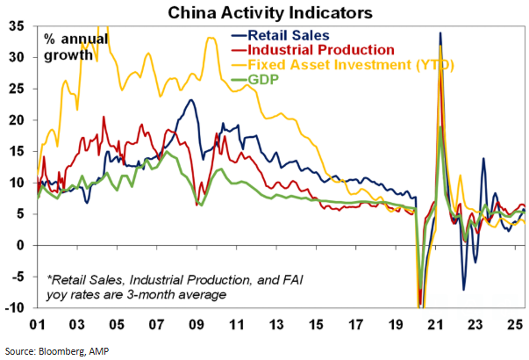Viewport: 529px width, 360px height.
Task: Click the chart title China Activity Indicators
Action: tap(264, 12)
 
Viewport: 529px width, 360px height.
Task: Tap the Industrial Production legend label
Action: tap(310, 49)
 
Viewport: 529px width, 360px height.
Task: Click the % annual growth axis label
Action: tap(77, 47)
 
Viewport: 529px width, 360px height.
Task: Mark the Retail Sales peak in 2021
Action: tap(440, 33)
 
